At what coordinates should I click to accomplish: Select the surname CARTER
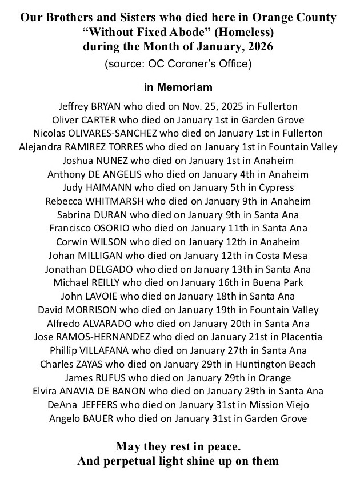(x=101, y=120)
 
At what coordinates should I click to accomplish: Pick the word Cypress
(x=275, y=188)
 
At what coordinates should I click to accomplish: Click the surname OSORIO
(x=127, y=229)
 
